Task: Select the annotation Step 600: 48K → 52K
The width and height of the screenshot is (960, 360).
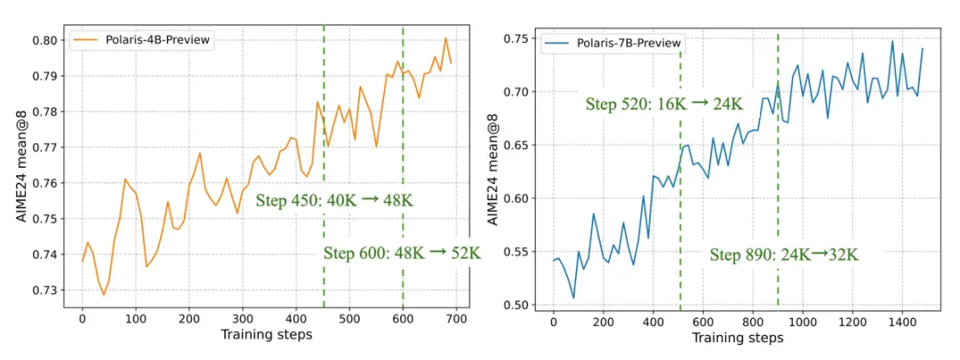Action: coord(402,252)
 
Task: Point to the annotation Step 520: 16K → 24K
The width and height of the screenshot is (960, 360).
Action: coord(663,103)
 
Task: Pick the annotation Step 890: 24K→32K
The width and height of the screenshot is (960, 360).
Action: coord(784,255)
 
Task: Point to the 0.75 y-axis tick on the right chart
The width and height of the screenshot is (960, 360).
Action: coord(516,38)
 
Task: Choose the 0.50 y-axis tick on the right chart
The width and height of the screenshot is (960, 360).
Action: coord(516,305)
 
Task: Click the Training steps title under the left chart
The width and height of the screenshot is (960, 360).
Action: coord(268,335)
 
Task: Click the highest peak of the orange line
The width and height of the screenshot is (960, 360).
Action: coord(445,37)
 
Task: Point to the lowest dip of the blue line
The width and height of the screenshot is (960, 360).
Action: coord(573,298)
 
